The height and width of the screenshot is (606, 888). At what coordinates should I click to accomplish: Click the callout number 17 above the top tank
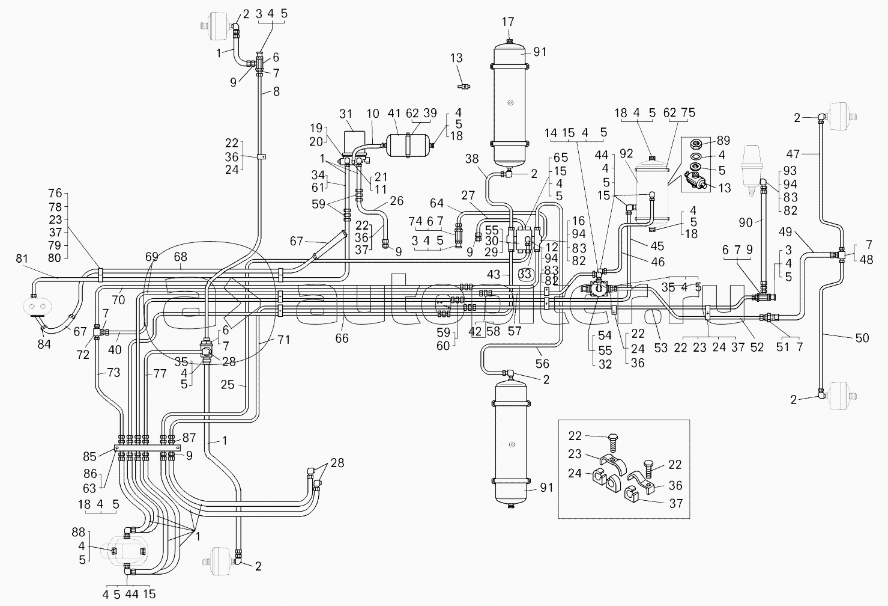508,22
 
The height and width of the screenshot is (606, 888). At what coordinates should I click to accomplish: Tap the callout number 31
346,114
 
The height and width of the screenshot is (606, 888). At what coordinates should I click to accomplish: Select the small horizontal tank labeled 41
408,144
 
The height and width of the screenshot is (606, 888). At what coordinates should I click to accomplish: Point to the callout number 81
22,259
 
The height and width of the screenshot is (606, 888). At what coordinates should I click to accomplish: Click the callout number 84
44,344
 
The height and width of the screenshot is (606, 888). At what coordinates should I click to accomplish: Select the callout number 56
542,363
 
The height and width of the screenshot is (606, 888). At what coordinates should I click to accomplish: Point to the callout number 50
862,338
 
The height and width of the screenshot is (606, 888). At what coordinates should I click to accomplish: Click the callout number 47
809,154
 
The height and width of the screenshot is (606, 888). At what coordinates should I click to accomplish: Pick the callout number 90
745,223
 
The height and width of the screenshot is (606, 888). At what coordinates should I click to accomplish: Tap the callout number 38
473,159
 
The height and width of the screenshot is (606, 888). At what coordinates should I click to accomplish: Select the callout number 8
276,91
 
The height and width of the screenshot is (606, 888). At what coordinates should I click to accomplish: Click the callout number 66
342,339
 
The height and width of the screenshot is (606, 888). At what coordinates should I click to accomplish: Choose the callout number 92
626,154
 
